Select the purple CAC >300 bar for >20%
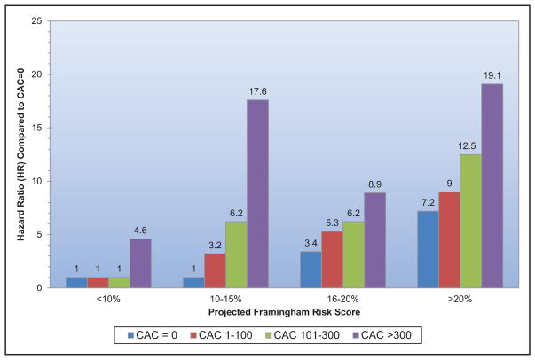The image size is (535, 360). point(492,186)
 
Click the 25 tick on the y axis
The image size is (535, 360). point(36,21)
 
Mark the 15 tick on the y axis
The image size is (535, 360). point(36,128)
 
